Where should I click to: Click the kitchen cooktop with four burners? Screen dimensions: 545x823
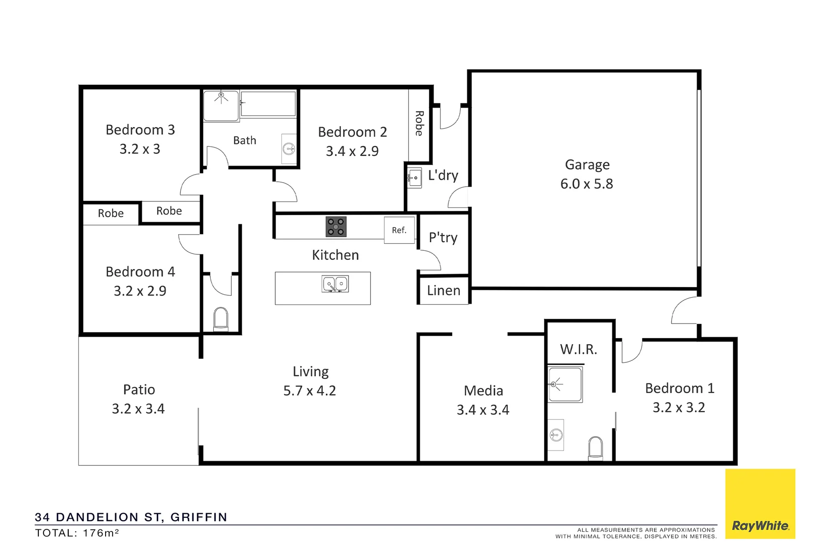[336, 227]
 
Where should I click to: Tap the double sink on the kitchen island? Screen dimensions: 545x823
[335, 284]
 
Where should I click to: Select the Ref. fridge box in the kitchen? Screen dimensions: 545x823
[399, 230]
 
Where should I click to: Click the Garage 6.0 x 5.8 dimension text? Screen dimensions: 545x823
[587, 184]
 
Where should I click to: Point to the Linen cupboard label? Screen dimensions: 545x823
[444, 291]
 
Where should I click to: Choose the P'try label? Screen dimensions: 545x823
[443, 238]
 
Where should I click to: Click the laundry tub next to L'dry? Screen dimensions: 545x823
[415, 178]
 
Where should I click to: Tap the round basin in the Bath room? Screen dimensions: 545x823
[289, 148]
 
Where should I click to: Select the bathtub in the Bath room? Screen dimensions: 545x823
[268, 103]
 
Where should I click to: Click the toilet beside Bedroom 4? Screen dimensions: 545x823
[221, 319]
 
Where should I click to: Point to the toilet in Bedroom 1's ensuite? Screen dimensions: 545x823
[596, 448]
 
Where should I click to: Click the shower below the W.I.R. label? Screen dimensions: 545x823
[565, 385]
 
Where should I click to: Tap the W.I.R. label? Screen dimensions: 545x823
[578, 349]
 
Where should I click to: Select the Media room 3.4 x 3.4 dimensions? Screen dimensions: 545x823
[483, 410]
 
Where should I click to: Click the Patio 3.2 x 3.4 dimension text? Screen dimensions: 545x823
[138, 409]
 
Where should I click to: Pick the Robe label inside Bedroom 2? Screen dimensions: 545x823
[419, 124]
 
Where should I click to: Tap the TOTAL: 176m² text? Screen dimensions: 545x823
[77, 533]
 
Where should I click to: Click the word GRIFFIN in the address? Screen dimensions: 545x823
[199, 517]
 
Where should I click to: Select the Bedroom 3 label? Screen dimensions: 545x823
[140, 130]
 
